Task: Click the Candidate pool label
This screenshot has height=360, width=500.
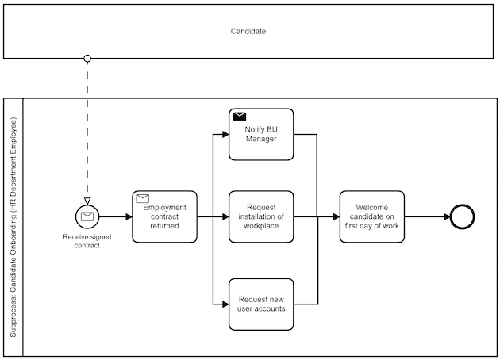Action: point(248,32)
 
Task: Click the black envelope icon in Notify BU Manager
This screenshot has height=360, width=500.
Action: point(240,117)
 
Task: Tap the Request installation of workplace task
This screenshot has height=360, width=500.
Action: point(261,216)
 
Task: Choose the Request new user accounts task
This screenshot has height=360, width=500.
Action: point(261,304)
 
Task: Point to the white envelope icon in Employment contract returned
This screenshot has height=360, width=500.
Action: point(143,198)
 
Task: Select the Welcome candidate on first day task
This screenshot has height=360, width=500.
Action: point(371,216)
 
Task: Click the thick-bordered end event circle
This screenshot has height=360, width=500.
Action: point(461,216)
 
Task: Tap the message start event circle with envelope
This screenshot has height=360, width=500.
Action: point(87,216)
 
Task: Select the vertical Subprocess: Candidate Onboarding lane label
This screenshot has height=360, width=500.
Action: point(13,228)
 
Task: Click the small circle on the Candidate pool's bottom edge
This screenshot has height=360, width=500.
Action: point(87,58)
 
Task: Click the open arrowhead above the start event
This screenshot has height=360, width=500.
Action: point(87,200)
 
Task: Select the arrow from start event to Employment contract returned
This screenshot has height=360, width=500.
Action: point(116,216)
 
